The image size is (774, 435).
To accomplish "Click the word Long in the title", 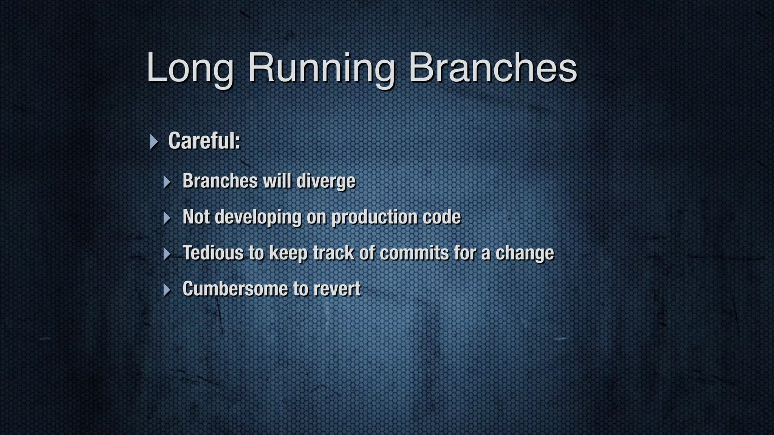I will coord(190,68).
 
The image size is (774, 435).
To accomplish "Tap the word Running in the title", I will coord(321,68).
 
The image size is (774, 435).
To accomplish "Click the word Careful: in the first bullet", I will coord(204,141).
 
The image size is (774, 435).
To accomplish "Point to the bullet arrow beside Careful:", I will coord(153,142).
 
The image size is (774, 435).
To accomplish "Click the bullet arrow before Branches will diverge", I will coord(167,182).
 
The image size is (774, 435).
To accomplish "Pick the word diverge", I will coord(326,181).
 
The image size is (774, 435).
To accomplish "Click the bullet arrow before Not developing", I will coord(167,218).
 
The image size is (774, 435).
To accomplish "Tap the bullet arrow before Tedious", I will coord(167,254).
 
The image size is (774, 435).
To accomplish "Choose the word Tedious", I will coord(213,253).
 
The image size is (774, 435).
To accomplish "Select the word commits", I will coord(414,253).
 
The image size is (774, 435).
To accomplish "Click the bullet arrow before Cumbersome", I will coord(167,290).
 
